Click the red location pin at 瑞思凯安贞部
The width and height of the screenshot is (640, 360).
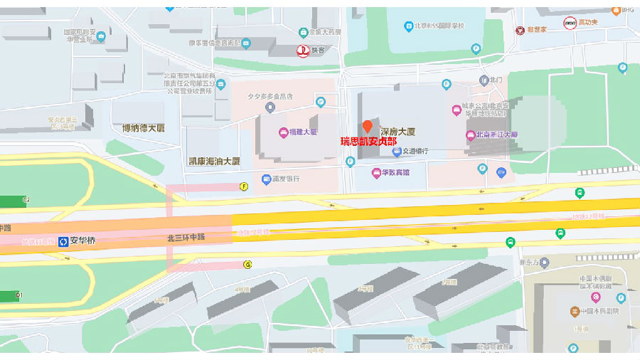pyautogui.click(x=367, y=127)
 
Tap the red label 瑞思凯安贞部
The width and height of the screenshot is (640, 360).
pyautogui.click(x=368, y=142)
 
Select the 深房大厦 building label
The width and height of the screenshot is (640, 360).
pyautogui.click(x=398, y=132)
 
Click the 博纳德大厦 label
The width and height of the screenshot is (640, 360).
pyautogui.click(x=143, y=128)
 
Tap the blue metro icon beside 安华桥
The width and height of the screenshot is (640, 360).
pyautogui.click(x=63, y=240)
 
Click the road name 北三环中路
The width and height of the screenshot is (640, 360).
pyautogui.click(x=186, y=237)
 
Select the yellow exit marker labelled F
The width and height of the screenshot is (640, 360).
pyautogui.click(x=244, y=186)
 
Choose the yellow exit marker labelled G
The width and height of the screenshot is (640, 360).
pyautogui.click(x=247, y=265)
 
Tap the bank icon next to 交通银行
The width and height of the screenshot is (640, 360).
pyautogui.click(x=396, y=151)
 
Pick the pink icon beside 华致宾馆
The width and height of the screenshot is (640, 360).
pyautogui.click(x=376, y=173)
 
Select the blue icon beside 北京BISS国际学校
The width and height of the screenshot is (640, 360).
pyautogui.click(x=409, y=26)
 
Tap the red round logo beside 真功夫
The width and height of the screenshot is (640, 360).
pyautogui.click(x=570, y=23)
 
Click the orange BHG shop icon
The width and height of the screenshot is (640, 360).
pyautogui.click(x=615, y=9)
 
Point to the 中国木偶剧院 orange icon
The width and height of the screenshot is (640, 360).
pyautogui.click(x=575, y=312)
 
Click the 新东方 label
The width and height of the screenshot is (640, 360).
pyautogui.click(x=530, y=263)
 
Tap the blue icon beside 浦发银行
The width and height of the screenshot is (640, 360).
pyautogui.click(x=266, y=179)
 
